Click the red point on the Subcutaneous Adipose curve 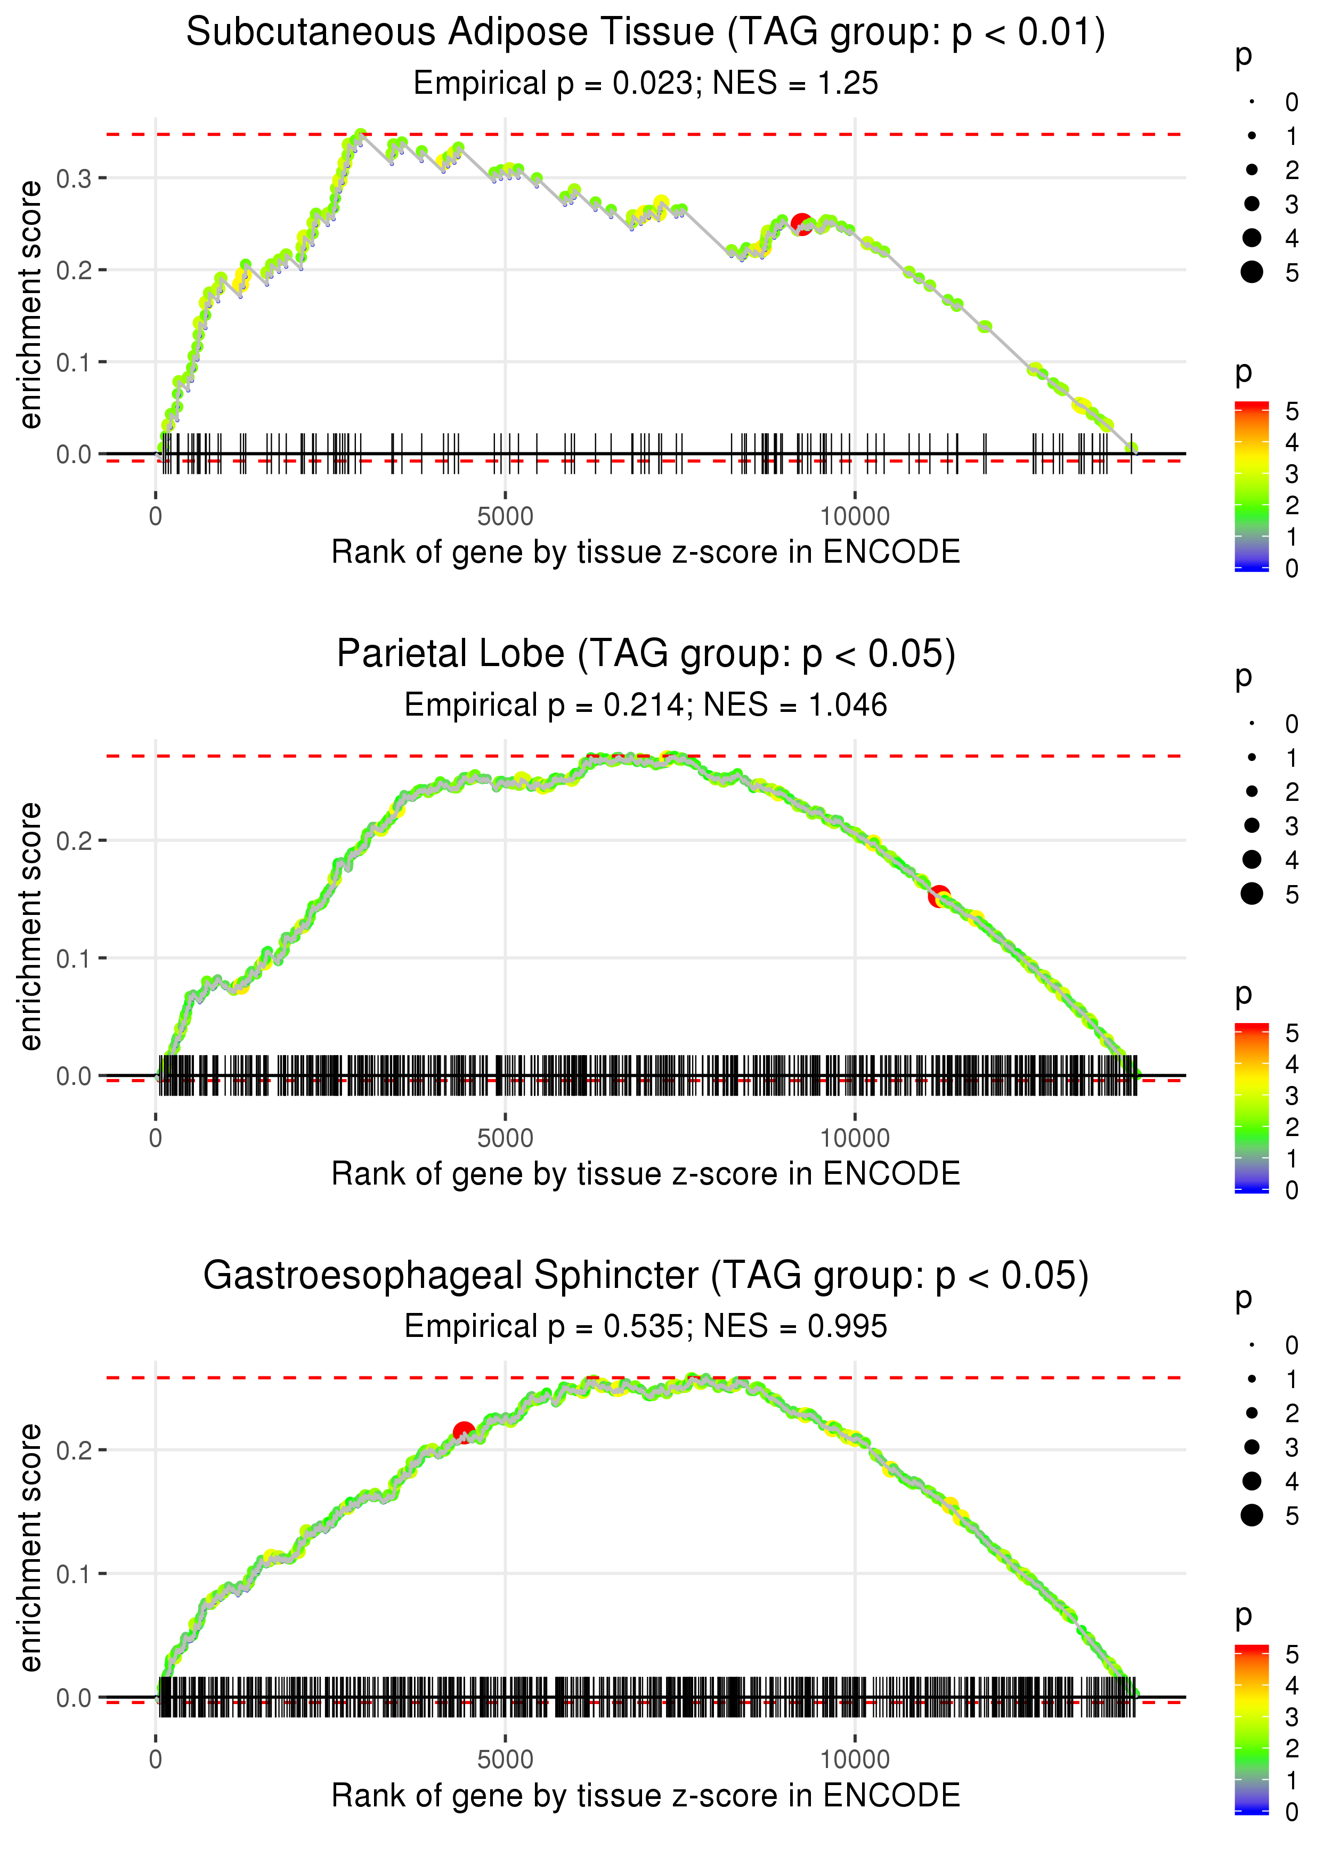click(801, 224)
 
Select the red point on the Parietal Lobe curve click(939, 896)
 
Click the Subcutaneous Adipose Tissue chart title click(646, 33)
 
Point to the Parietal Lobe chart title click(646, 654)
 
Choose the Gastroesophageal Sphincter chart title click(646, 1276)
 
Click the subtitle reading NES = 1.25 click(646, 84)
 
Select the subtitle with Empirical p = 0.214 click(646, 706)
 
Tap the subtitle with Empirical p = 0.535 click(646, 1327)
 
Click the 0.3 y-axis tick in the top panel click(74, 178)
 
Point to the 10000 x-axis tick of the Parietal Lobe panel click(855, 1138)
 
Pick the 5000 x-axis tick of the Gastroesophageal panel click(505, 1760)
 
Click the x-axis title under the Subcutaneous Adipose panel click(646, 553)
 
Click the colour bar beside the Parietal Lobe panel click(1252, 1107)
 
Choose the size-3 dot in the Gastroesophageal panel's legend click(1252, 1447)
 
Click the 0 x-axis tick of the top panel click(156, 517)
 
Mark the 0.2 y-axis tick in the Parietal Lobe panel click(74, 841)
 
